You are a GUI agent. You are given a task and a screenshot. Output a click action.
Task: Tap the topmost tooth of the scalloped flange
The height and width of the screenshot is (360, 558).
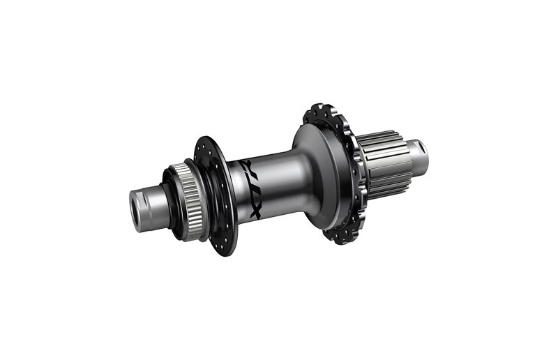317,109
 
